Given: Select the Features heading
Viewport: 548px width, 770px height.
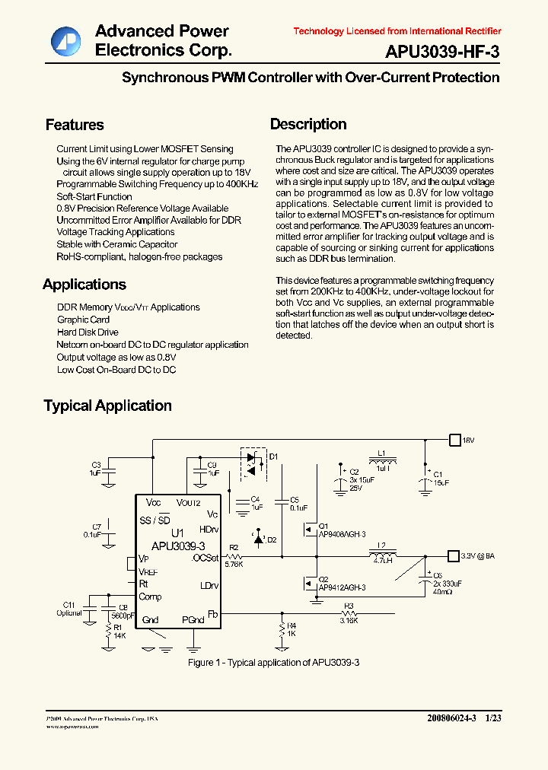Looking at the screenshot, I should (x=75, y=125).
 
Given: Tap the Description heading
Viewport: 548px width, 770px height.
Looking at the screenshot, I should (x=308, y=124).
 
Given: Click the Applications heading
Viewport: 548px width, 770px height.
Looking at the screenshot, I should (x=84, y=285).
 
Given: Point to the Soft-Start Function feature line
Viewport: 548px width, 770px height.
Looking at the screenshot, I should (x=94, y=196).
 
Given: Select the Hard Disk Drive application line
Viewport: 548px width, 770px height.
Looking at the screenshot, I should (x=88, y=332).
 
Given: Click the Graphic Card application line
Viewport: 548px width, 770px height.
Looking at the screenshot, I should (x=84, y=320).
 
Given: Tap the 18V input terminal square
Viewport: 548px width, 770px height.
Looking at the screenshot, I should (x=454, y=440).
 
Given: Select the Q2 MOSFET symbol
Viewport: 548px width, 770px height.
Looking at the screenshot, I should (x=310, y=584).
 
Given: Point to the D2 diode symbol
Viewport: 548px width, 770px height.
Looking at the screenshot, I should (x=258, y=539).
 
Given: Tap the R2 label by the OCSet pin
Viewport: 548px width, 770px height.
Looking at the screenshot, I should (x=234, y=548).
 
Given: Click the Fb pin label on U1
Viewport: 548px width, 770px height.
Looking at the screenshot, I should (x=213, y=613).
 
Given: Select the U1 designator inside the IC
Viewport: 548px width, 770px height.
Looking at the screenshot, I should (x=178, y=533).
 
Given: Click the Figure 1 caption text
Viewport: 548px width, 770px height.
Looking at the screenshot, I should (x=273, y=663).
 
